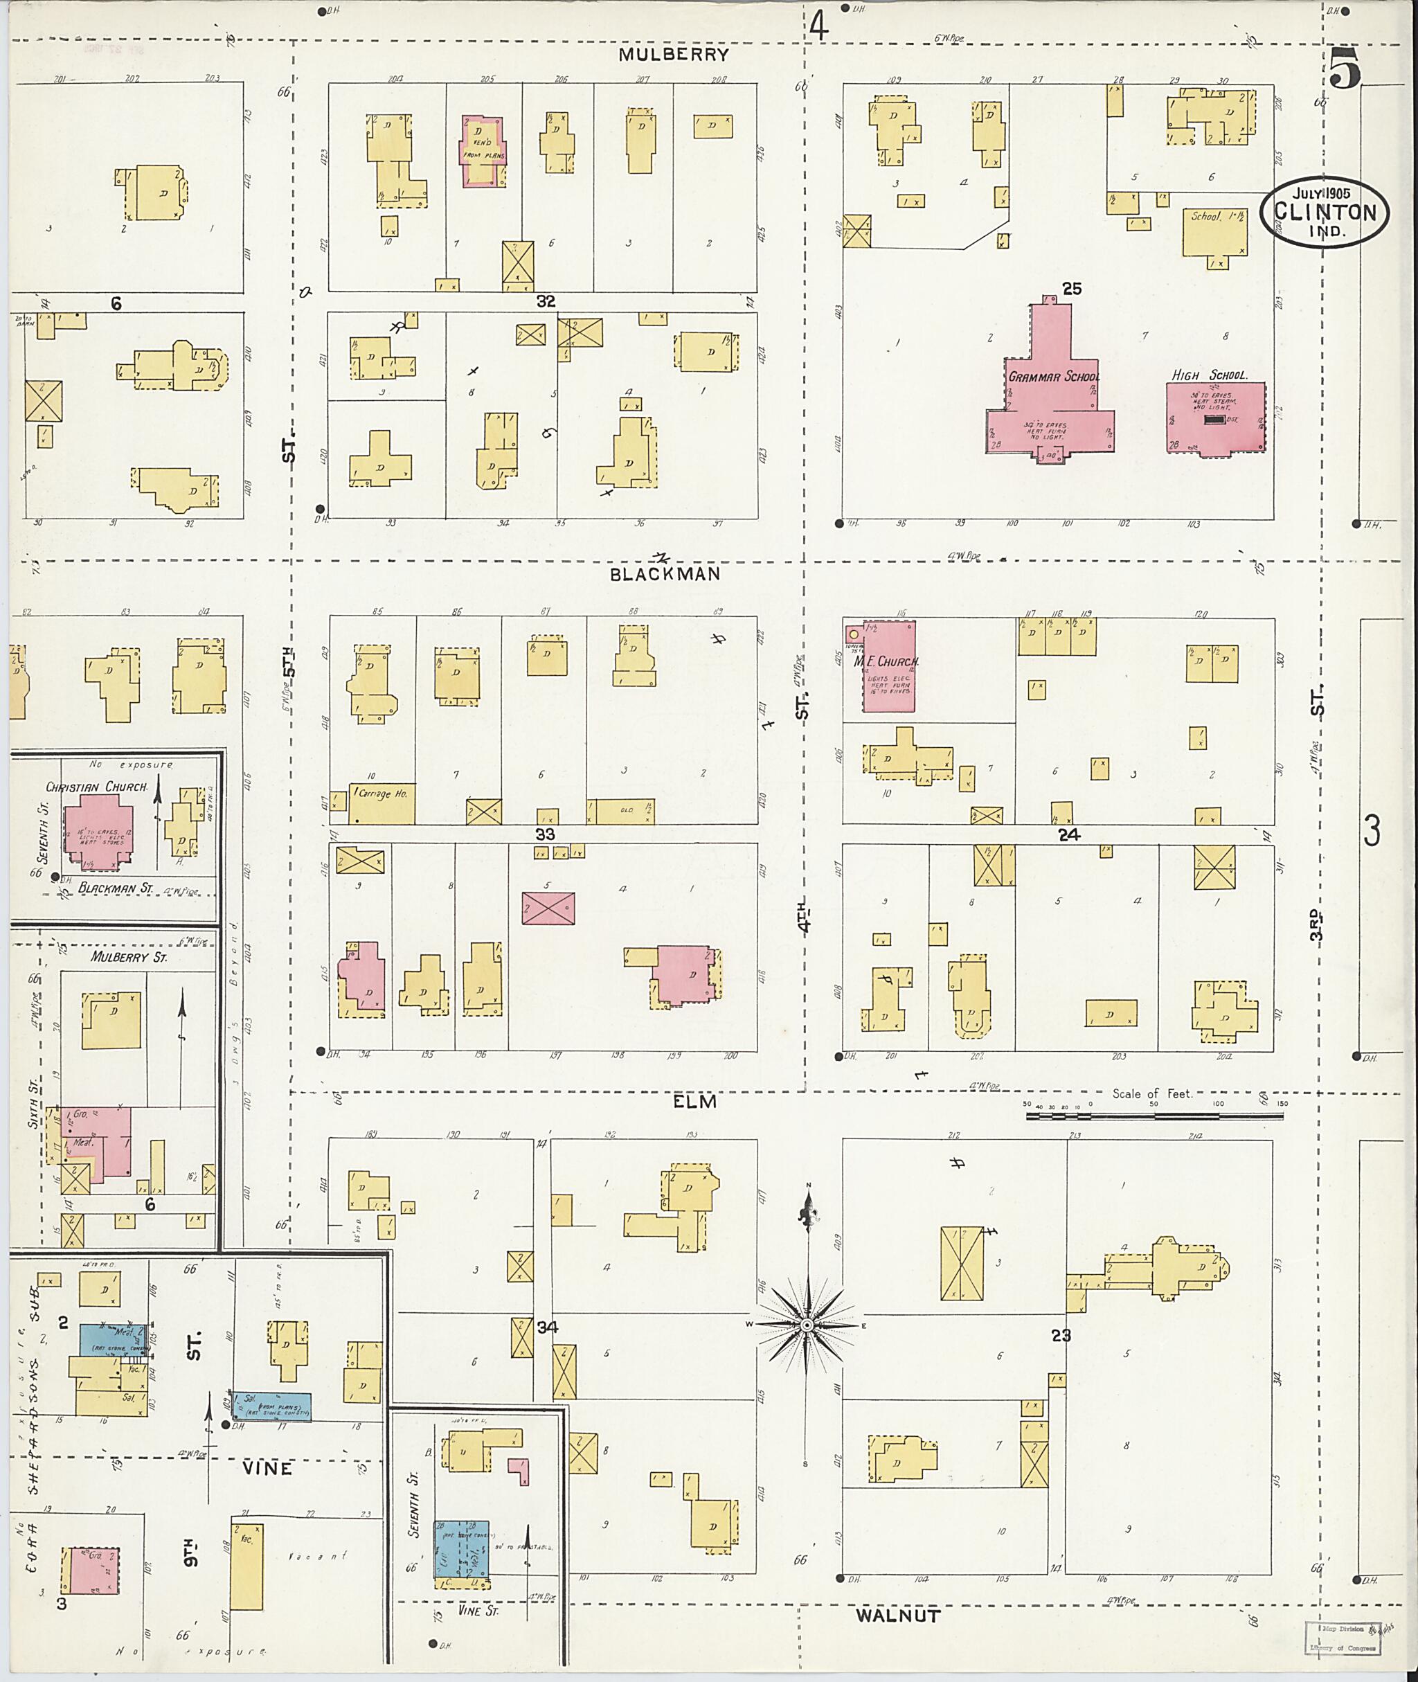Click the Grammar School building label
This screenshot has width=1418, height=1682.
[1054, 376]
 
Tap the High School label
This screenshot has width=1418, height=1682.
[1209, 375]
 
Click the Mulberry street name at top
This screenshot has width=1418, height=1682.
[674, 55]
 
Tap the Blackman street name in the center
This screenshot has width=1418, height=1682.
[665, 574]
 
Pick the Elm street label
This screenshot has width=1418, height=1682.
[694, 1102]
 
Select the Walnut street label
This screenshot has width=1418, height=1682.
[897, 1616]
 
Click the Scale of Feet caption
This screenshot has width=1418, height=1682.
[1152, 1093]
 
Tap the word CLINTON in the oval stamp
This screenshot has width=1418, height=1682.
[1324, 213]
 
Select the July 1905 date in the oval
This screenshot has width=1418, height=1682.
[1322, 193]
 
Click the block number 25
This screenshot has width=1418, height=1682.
[1072, 289]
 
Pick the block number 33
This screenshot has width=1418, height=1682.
[545, 834]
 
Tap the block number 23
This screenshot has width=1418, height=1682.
[1061, 1336]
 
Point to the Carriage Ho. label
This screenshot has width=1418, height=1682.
[383, 794]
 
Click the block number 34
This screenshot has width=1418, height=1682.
[548, 1327]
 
